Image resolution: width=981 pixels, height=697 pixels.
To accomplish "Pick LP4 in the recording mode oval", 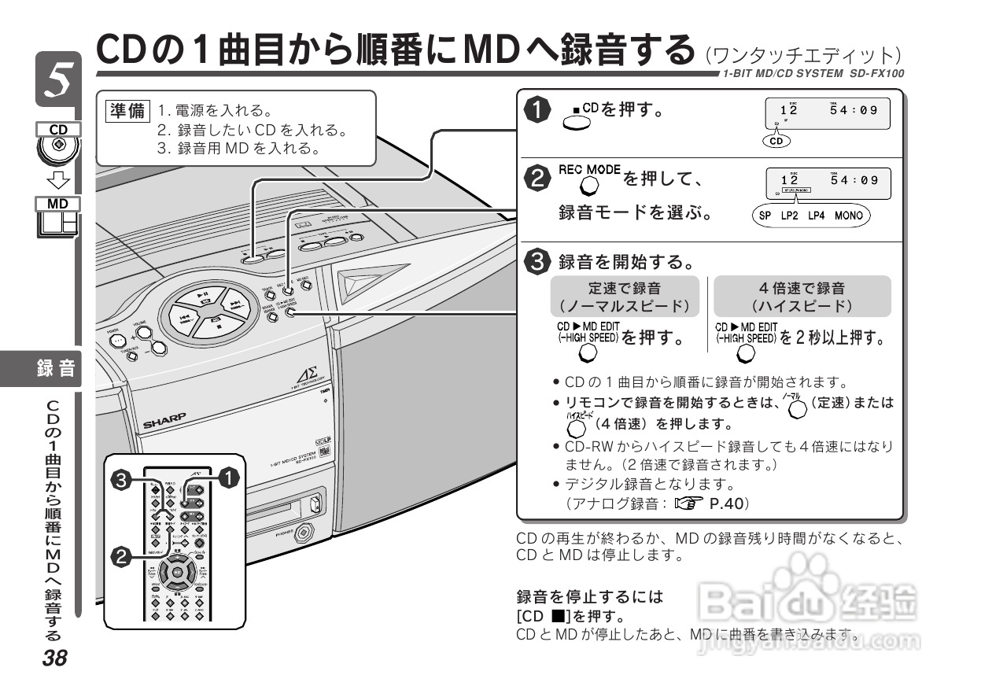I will click(x=819, y=216).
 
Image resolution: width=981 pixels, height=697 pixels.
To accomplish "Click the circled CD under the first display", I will click(x=776, y=142).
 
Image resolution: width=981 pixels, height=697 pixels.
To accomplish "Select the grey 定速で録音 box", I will click(x=624, y=297).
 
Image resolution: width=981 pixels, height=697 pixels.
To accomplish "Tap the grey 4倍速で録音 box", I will click(x=802, y=297).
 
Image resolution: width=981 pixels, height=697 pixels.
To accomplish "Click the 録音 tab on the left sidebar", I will click(x=57, y=367).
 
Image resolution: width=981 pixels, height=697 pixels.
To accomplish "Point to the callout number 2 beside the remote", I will click(x=121, y=558).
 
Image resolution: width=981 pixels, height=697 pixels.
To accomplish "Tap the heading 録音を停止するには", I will click(x=589, y=597).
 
